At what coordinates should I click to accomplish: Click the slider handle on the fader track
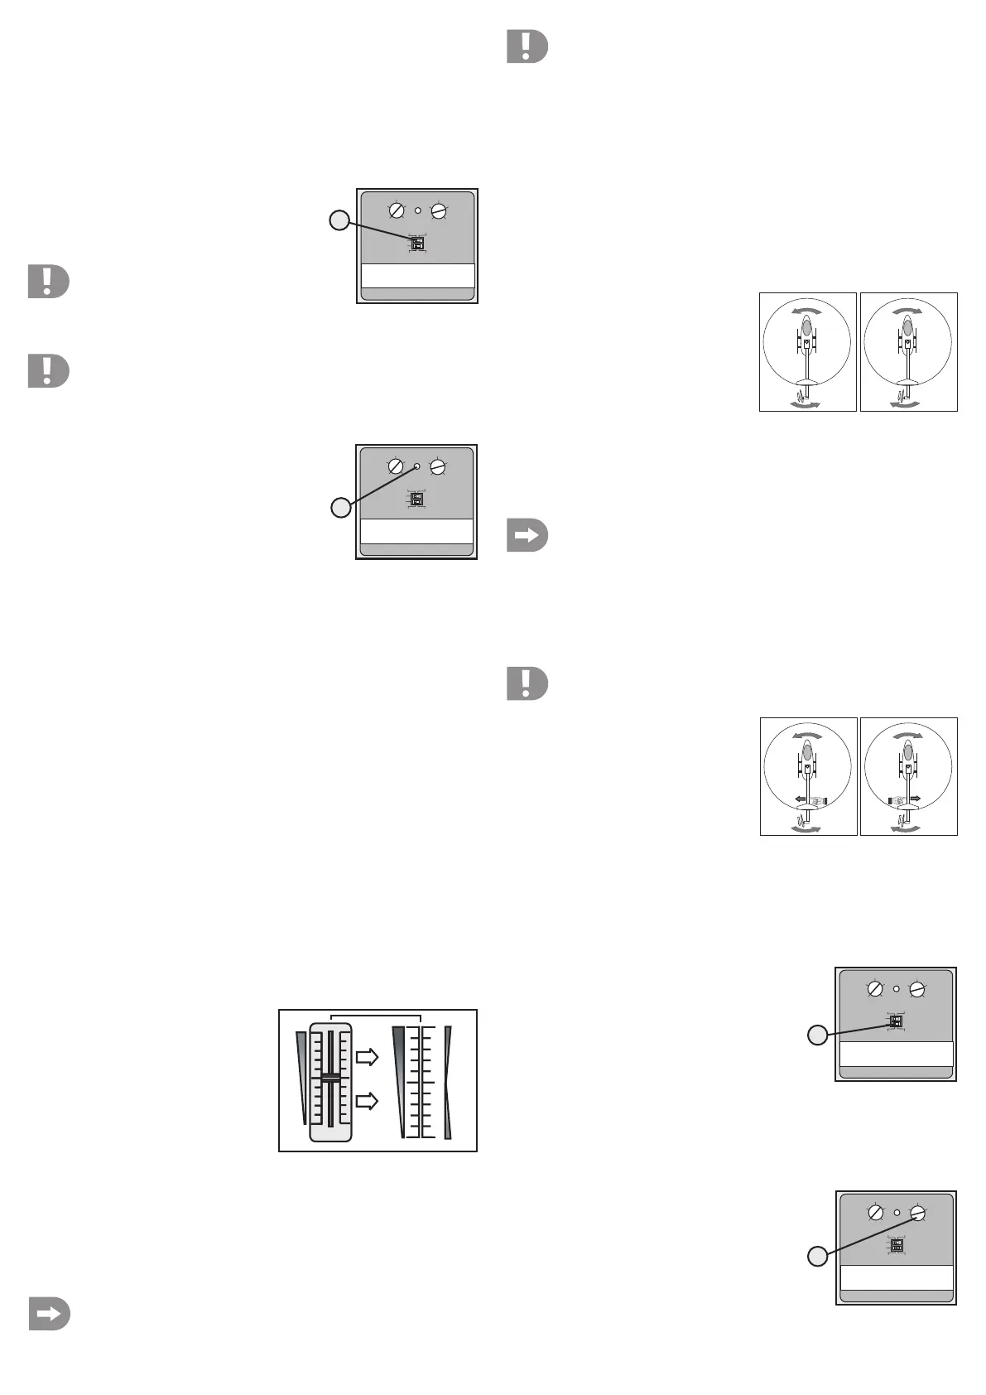click(330, 1079)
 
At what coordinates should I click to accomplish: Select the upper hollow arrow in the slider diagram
click(367, 1057)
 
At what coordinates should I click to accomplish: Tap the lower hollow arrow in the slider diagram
click(367, 1101)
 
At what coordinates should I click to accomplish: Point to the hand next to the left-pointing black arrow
click(818, 801)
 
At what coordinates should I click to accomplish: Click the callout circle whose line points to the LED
click(340, 508)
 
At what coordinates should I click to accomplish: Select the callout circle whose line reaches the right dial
click(817, 1257)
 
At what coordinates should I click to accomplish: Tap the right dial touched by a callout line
click(917, 1214)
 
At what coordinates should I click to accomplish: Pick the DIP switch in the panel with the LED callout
click(416, 500)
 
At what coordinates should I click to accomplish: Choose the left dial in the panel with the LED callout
click(396, 467)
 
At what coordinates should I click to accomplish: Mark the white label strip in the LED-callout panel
click(416, 531)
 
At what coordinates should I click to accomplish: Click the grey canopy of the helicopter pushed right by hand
click(908, 752)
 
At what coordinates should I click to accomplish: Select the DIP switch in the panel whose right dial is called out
click(897, 1245)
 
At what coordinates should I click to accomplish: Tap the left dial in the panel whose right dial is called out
click(875, 1214)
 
